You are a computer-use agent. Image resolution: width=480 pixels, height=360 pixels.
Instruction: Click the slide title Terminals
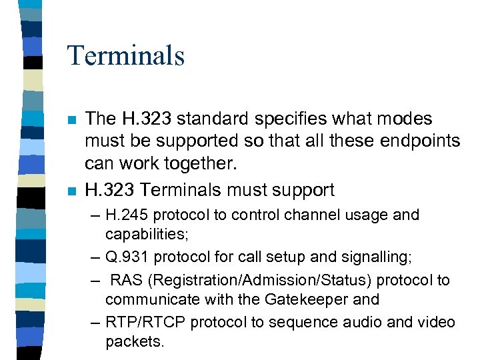tap(125, 55)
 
